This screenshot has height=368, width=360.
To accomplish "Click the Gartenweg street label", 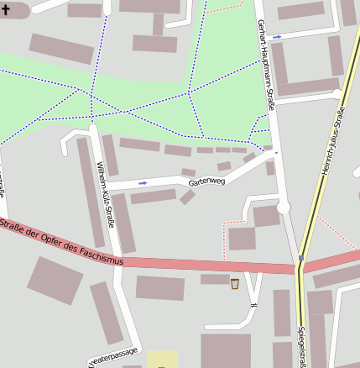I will (206, 180).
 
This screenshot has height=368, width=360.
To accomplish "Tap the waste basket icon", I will (234, 283).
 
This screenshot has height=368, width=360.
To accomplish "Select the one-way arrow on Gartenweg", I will (142, 182).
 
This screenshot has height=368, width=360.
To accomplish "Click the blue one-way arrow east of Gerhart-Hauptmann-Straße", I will (277, 37).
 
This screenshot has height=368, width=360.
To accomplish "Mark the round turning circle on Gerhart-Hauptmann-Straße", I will (283, 207).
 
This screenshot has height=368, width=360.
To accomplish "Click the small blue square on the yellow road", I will (300, 257).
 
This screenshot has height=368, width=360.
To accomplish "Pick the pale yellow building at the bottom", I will (163, 360).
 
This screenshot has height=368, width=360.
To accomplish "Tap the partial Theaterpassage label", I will (113, 356).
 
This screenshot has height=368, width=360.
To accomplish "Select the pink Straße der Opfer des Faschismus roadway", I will (210, 265).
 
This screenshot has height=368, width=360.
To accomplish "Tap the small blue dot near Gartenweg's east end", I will (275, 153).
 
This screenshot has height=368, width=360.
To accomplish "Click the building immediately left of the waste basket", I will (215, 279).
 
